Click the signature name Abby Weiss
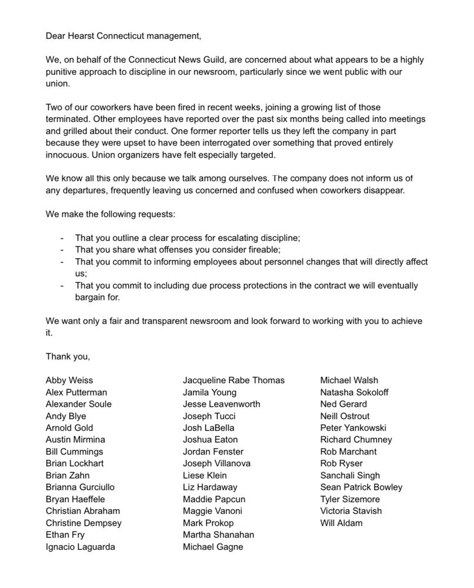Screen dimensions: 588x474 tap(69, 380)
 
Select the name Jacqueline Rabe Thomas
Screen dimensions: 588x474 tap(233, 380)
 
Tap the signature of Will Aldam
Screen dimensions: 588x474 tap(341, 523)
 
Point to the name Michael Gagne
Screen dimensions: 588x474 tap(213, 547)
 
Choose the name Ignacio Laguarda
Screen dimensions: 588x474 tap(81, 547)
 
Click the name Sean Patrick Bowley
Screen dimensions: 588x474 tap(361, 487)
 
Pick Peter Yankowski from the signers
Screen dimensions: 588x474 tap(353, 427)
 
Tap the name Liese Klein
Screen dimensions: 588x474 tap(205, 475)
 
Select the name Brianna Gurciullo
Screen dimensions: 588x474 tap(80, 487)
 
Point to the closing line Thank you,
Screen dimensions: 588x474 tap(68, 356)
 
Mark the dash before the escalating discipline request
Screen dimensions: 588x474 tap(62, 238)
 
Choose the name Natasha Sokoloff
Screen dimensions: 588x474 tap(354, 392)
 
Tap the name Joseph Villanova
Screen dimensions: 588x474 tap(216, 463)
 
